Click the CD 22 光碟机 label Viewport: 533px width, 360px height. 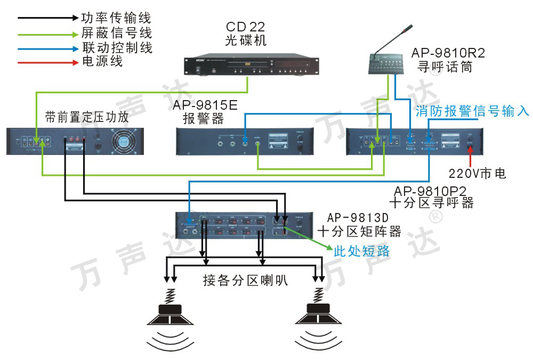(x=245, y=34)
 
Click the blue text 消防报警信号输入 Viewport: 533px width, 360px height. (x=472, y=111)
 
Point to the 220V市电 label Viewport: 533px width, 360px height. (x=477, y=174)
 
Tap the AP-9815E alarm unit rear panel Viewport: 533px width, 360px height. (x=251, y=141)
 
